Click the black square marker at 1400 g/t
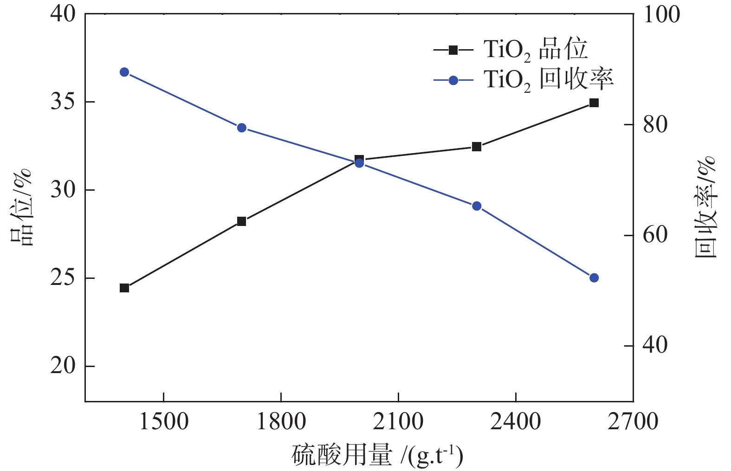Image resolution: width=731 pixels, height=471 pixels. point(124,288)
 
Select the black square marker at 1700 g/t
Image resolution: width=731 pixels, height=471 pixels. point(241,221)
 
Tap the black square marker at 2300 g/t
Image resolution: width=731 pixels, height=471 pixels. point(477,147)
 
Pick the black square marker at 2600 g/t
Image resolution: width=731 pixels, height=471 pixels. point(594,103)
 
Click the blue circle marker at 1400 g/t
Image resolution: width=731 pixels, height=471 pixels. point(124,72)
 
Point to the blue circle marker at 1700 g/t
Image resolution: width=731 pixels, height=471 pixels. point(241,128)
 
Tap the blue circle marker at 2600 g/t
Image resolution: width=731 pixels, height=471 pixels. point(594,278)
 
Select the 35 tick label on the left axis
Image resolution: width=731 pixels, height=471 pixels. point(63,102)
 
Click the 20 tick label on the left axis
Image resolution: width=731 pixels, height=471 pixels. point(63,366)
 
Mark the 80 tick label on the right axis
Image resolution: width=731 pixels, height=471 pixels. point(655,125)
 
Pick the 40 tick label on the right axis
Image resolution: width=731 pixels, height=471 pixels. point(655,346)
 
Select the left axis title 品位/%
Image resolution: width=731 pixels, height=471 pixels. point(21,207)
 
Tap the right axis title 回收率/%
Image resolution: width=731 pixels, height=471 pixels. point(705,207)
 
